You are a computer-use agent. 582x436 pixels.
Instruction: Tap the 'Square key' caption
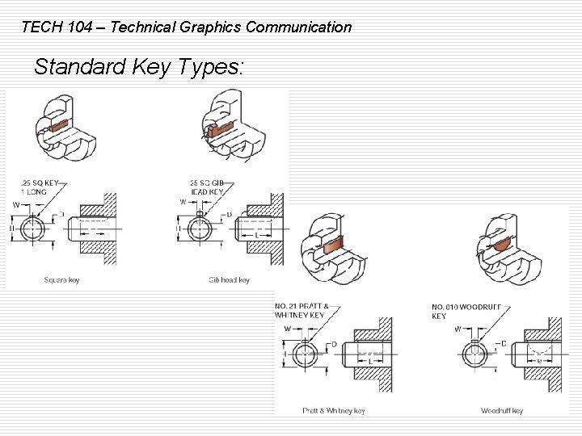tap(62, 280)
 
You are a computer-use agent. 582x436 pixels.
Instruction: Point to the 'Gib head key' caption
tap(229, 280)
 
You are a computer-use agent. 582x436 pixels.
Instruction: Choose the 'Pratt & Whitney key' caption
tap(333, 411)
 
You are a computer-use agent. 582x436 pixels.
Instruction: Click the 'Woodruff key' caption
tap(502, 411)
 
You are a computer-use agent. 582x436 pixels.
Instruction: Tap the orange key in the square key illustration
tap(59, 126)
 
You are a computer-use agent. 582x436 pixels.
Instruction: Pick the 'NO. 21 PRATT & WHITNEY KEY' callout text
tap(302, 311)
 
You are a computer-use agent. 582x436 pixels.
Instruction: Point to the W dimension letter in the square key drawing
tap(15, 205)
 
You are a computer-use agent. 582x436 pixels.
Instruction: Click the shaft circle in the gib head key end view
tap(197, 228)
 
